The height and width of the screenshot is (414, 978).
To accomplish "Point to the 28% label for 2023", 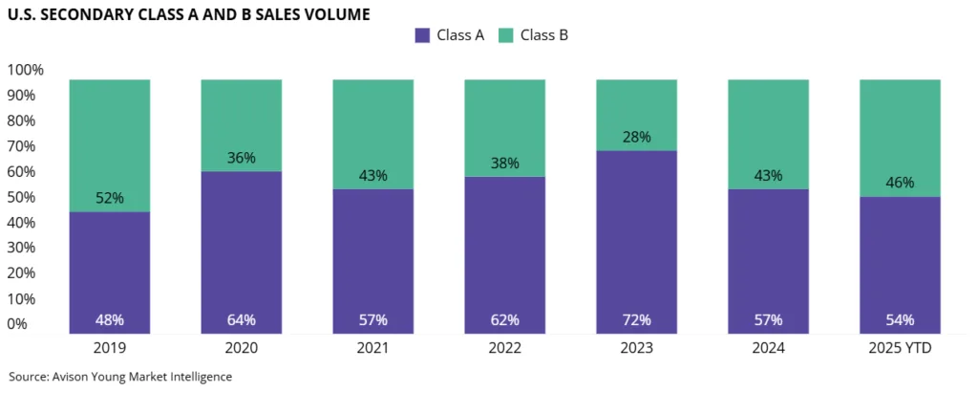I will (636, 137).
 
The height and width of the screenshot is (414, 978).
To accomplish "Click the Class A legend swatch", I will (422, 35).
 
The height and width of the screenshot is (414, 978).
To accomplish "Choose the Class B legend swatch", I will (505, 35).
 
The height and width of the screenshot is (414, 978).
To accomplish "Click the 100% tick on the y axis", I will (26, 70).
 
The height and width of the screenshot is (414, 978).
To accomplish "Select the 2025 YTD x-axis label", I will (900, 349).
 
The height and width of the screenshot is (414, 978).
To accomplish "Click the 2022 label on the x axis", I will (504, 349).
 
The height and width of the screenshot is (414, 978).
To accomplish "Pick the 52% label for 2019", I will (110, 198).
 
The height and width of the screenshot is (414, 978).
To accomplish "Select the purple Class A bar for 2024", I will (768, 258).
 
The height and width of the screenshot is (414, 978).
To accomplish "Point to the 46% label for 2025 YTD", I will (900, 183).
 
